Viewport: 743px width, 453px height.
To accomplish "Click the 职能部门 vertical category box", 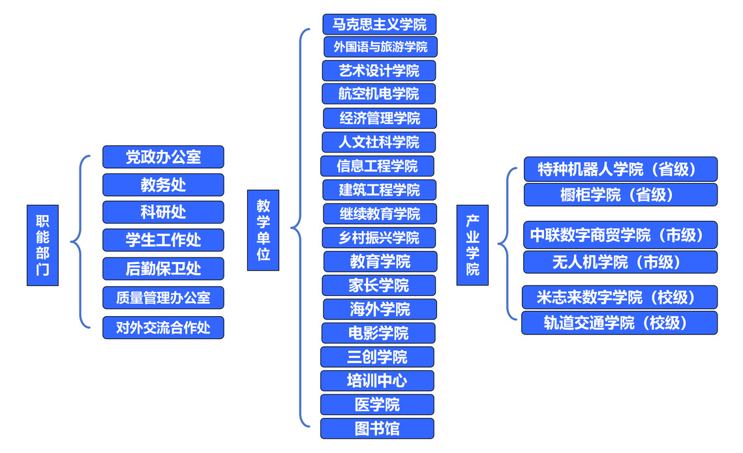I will point(42,245).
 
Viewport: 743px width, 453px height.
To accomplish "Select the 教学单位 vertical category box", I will point(263,230).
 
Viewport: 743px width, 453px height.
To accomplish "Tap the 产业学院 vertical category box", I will point(472,244).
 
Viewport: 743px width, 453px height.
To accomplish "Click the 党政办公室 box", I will point(163,157).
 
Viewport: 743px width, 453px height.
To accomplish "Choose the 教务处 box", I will point(163,185).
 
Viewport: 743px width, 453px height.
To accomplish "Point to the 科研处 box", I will point(163,212).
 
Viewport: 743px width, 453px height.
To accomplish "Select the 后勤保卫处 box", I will point(163,269).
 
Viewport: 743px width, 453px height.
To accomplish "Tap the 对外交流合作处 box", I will point(163,327).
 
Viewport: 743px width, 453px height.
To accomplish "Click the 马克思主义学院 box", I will point(379,25).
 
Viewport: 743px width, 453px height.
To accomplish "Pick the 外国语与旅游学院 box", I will point(380,47).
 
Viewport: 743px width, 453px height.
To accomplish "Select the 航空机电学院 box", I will point(378,94).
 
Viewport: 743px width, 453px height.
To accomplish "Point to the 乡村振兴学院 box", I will point(379,238).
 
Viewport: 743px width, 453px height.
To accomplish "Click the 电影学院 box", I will point(378,333).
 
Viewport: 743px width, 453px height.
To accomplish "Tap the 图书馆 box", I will point(377,428).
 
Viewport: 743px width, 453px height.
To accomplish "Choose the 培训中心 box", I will point(377,381).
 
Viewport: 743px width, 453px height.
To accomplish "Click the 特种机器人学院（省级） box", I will point(620,169).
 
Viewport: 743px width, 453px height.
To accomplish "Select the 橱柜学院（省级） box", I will point(620,195).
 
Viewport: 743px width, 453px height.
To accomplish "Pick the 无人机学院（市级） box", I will point(620,262).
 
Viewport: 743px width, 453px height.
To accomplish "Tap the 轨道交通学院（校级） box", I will point(619,323).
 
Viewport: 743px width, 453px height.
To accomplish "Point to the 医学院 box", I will point(377,405).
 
